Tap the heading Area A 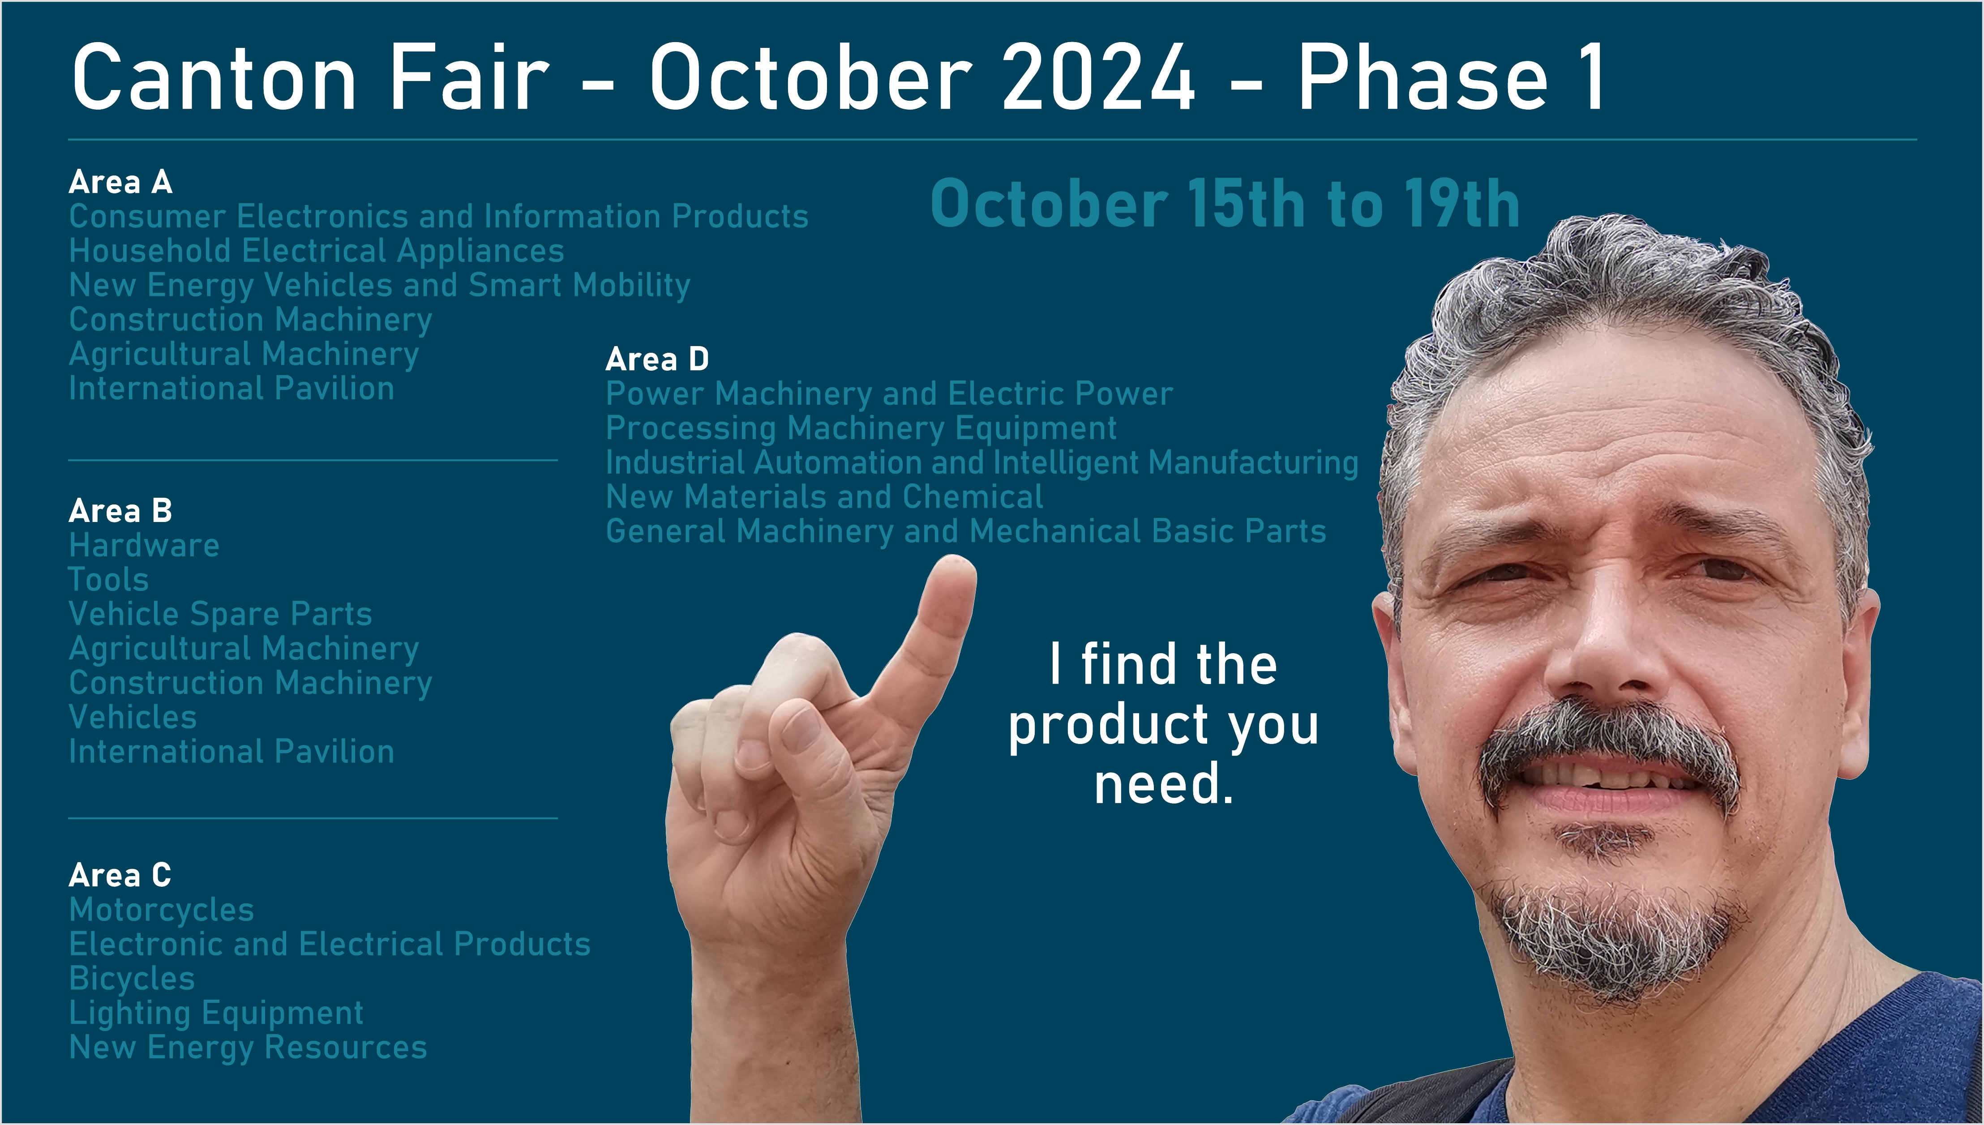point(120,182)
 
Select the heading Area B point(120,511)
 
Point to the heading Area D point(657,359)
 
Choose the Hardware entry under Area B point(145,546)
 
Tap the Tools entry point(108,579)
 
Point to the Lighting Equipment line point(216,1014)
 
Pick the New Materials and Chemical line point(824,497)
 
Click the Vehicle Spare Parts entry point(220,614)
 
